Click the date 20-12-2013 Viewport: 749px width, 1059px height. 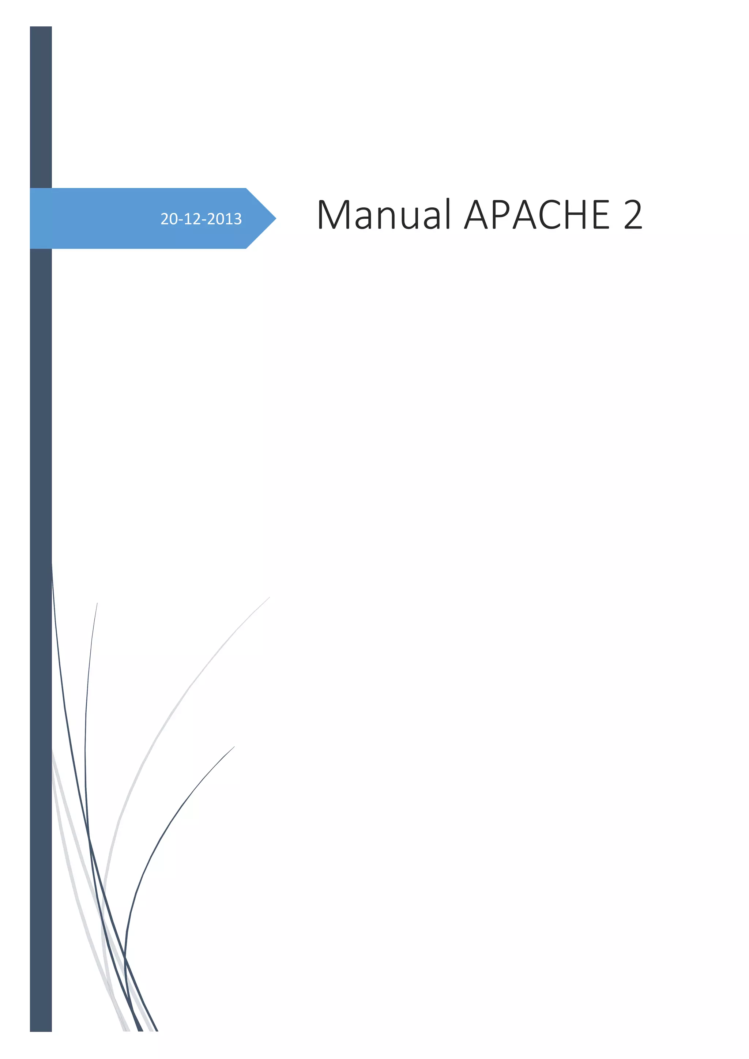point(201,219)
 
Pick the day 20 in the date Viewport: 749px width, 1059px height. point(169,219)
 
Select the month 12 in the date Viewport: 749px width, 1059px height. point(193,219)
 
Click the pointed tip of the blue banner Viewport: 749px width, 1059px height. point(275,218)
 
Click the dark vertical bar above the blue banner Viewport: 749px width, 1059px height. point(41,106)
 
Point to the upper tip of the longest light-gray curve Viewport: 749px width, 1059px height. point(269,597)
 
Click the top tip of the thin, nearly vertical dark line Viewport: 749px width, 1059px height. point(97,603)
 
